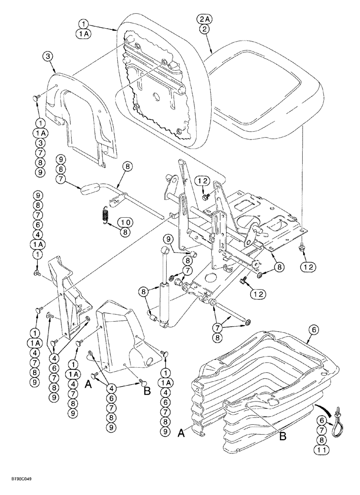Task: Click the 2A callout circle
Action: coord(204,19)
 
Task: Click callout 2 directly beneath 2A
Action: coord(204,29)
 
